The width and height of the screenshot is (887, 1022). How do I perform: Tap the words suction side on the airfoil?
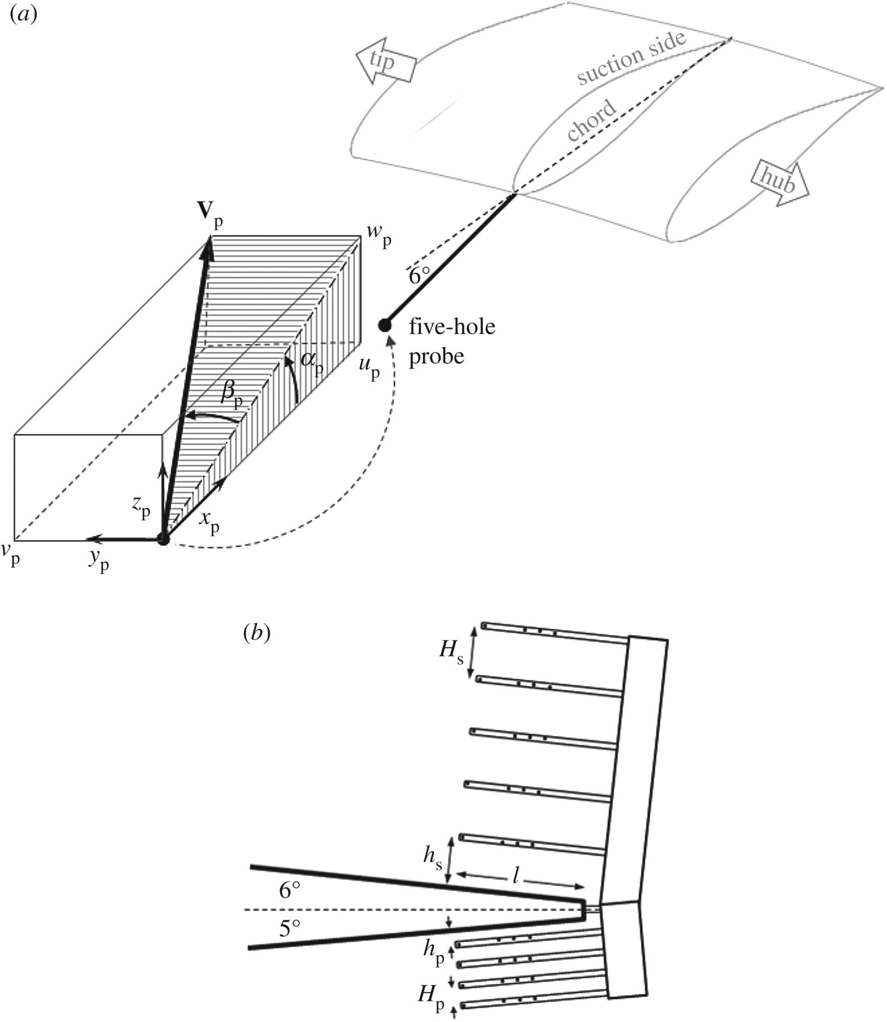point(631,58)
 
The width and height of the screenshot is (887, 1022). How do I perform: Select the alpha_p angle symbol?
point(312,364)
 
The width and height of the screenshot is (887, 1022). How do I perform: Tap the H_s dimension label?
point(451,651)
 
